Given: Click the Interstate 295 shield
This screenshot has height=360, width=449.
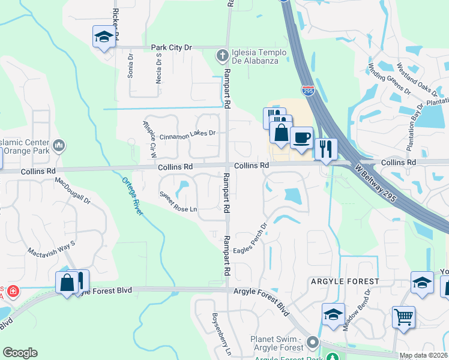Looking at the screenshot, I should click(x=307, y=91).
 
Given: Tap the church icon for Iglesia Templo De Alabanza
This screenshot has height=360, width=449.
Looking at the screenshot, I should click(x=222, y=56).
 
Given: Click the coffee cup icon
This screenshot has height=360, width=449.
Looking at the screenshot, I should click(x=301, y=137).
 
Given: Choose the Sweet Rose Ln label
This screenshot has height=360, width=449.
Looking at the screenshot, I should click(x=178, y=202).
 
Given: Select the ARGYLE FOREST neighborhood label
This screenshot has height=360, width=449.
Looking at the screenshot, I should click(x=345, y=281).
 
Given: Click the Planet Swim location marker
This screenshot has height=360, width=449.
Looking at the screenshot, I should click(x=312, y=342).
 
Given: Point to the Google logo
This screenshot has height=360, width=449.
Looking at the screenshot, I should click(x=20, y=353).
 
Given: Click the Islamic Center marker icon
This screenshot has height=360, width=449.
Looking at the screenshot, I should click(x=59, y=145).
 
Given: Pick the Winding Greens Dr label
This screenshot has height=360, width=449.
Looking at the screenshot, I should click(x=389, y=79).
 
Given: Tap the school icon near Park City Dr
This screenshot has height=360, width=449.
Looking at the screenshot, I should click(x=104, y=37).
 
